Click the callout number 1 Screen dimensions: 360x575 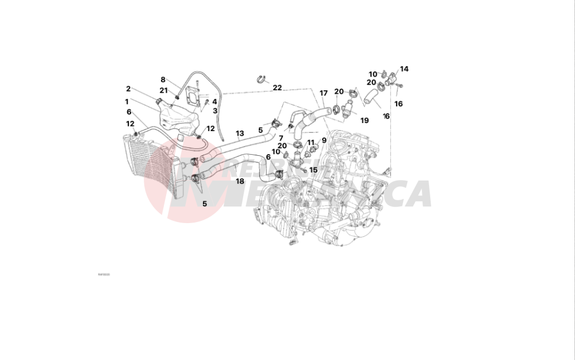click(x=126, y=101)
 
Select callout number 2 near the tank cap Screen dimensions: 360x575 click(x=128, y=89)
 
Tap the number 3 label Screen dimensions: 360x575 click(x=214, y=110)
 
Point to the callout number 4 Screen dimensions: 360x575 click(x=214, y=102)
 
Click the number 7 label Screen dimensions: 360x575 click(x=281, y=138)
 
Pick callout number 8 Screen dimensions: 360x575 click(x=163, y=79)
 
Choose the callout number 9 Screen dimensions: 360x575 click(x=324, y=140)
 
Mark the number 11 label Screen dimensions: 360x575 click(x=311, y=142)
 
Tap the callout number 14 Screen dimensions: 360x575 click(x=404, y=69)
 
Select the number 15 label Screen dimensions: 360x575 click(x=313, y=170)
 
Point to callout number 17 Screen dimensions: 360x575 click(x=324, y=93)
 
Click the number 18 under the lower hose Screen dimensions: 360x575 click(x=240, y=181)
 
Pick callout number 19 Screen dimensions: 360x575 click(x=364, y=120)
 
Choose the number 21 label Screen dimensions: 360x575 click(x=163, y=90)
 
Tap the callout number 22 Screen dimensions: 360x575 click(x=277, y=88)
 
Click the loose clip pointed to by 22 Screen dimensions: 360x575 click(x=260, y=78)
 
